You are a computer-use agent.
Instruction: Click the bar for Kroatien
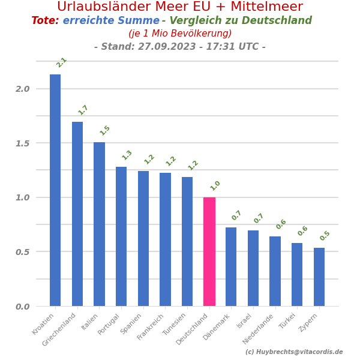tap(55, 190)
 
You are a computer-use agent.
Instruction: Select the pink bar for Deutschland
tap(209, 251)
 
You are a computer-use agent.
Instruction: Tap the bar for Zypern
tap(319, 277)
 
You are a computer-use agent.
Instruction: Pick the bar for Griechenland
tap(77, 214)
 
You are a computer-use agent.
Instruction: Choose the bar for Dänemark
tap(231, 266)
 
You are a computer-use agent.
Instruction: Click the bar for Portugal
tap(121, 236)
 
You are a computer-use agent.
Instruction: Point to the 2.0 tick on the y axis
tap(23, 89)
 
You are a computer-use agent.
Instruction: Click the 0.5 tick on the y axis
tap(23, 252)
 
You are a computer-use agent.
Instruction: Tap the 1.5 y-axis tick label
tap(23, 143)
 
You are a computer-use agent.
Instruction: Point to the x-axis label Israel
tap(244, 321)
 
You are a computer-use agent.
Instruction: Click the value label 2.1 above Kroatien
tap(61, 62)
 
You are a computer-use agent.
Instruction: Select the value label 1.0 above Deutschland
tap(215, 185)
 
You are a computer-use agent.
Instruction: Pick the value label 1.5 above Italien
tap(105, 130)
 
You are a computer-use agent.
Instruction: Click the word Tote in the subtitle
tap(45, 21)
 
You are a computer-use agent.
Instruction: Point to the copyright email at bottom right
tap(294, 352)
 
